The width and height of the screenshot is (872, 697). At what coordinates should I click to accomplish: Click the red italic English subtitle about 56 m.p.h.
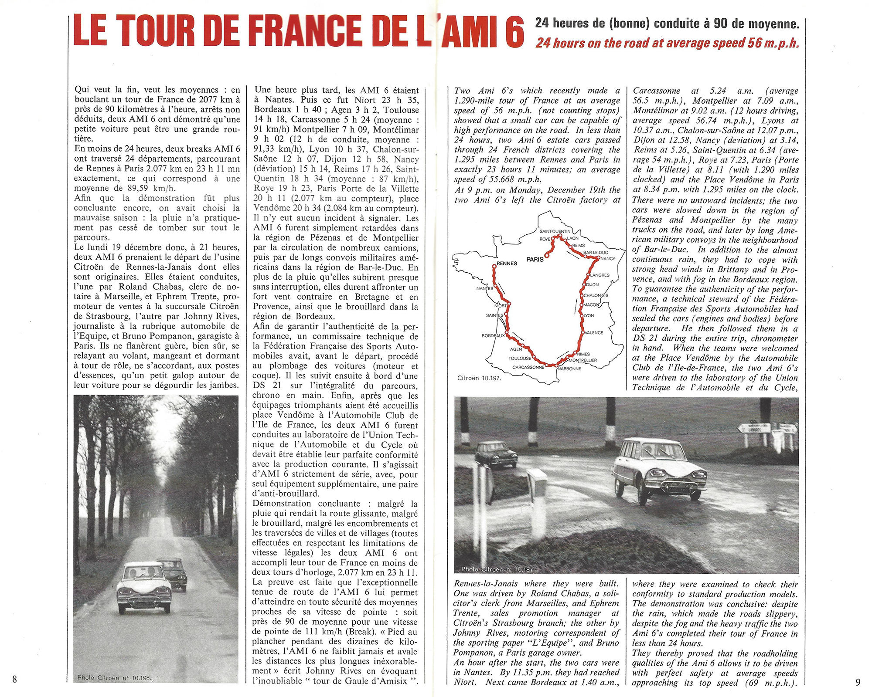coord(668,43)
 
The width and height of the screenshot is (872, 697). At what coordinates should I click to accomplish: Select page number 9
coord(858,682)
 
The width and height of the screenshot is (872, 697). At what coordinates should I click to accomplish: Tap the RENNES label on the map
coord(506,263)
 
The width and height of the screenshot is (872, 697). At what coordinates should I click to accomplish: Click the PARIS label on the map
coord(535,259)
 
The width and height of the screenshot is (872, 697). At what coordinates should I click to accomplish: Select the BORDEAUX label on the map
coord(493,336)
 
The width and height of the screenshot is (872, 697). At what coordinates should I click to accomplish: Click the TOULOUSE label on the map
coord(520,359)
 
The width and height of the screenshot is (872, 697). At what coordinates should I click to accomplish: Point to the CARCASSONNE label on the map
coord(528,368)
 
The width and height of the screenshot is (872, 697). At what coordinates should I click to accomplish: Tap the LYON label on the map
coord(589,315)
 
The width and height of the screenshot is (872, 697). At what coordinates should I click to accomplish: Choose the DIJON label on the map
coord(592,285)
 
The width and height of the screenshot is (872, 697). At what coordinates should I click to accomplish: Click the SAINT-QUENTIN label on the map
coord(555,231)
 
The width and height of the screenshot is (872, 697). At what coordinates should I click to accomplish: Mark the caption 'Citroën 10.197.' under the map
coord(479,378)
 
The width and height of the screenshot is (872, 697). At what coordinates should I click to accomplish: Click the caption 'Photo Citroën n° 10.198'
coord(114,677)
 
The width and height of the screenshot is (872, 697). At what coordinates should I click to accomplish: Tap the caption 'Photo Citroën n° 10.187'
coord(497,569)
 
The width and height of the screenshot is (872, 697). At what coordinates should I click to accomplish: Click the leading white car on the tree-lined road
coord(144,588)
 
